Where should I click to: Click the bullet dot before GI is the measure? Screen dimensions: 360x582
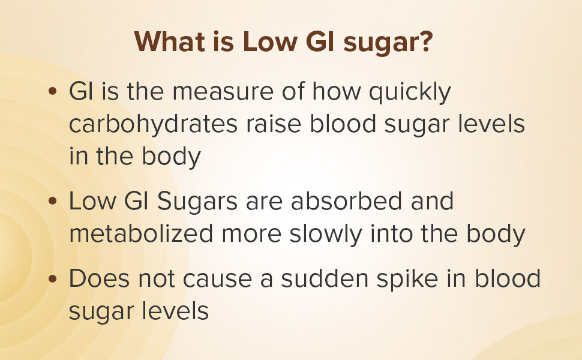pyautogui.click(x=53, y=94)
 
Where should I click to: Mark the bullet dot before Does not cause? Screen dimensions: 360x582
pyautogui.click(x=53, y=280)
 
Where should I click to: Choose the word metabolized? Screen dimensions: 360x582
pyautogui.click(x=141, y=233)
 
